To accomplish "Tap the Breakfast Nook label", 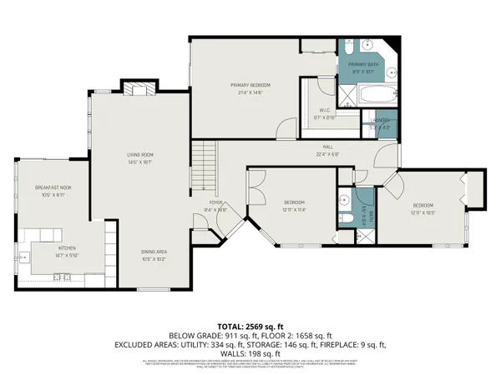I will click(53, 188).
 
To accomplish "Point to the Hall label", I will click(326, 149).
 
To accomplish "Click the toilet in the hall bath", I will click(344, 218).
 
